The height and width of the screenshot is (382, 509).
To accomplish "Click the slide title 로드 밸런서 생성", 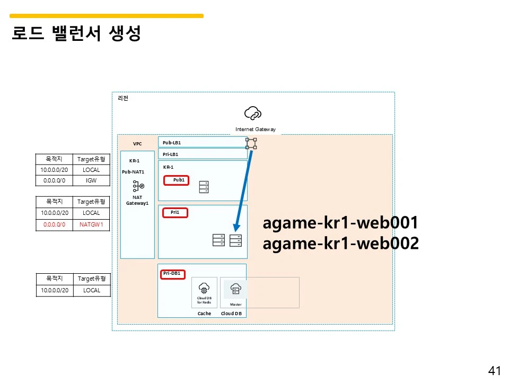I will (x=76, y=34).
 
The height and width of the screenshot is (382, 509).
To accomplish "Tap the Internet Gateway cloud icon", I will (x=253, y=113).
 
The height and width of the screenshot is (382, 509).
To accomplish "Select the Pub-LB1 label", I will (x=172, y=143).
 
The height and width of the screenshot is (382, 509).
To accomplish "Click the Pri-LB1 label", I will (x=171, y=154).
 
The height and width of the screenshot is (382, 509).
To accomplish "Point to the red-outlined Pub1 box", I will (x=179, y=180).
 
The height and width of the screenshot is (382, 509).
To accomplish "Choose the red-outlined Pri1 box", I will (x=175, y=213).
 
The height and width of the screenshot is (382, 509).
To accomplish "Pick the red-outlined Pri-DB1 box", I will (x=172, y=274).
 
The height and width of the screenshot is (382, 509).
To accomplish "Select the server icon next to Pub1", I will (x=204, y=187).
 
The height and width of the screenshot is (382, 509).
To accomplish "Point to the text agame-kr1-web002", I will (x=341, y=244).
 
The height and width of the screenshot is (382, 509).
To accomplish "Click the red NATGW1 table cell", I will (x=91, y=224).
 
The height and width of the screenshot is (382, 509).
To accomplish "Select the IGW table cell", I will (x=91, y=180).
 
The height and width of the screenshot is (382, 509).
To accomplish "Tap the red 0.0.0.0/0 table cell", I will (x=55, y=224).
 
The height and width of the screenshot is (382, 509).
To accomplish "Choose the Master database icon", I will (x=236, y=289).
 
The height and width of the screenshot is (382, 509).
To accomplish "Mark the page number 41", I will (x=494, y=371).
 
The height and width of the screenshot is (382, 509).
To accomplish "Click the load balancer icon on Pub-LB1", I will (x=251, y=143).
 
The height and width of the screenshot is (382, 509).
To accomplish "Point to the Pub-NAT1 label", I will (x=133, y=172).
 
